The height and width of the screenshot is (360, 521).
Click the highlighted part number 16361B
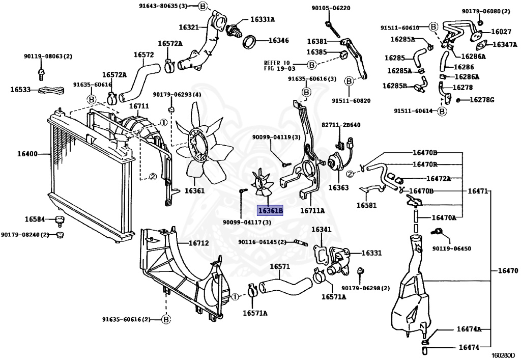click(270, 210)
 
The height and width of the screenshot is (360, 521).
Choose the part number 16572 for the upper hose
click(143, 54)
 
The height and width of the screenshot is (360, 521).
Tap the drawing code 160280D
click(503, 355)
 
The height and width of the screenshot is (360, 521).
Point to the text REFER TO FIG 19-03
click(279, 65)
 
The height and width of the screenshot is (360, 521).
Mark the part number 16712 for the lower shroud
click(199, 243)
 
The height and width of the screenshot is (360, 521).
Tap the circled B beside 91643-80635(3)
click(202, 7)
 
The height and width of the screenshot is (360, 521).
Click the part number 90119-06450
click(452, 248)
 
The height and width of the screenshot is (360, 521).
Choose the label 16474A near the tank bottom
click(469, 329)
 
